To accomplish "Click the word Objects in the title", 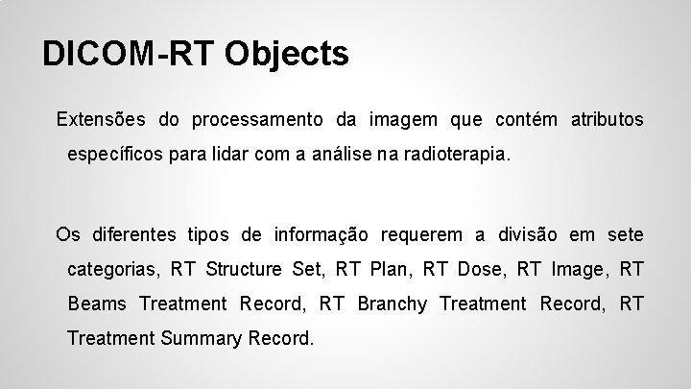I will click(x=288, y=54).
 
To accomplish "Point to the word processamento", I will click(x=258, y=120).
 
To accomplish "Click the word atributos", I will click(x=608, y=120).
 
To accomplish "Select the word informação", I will click(x=322, y=235).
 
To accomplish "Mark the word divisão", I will click(x=527, y=235).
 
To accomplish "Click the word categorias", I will click(x=111, y=270).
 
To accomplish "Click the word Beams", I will click(x=97, y=304).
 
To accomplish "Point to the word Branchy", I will click(x=392, y=304).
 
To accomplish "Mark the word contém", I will click(x=526, y=120).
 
